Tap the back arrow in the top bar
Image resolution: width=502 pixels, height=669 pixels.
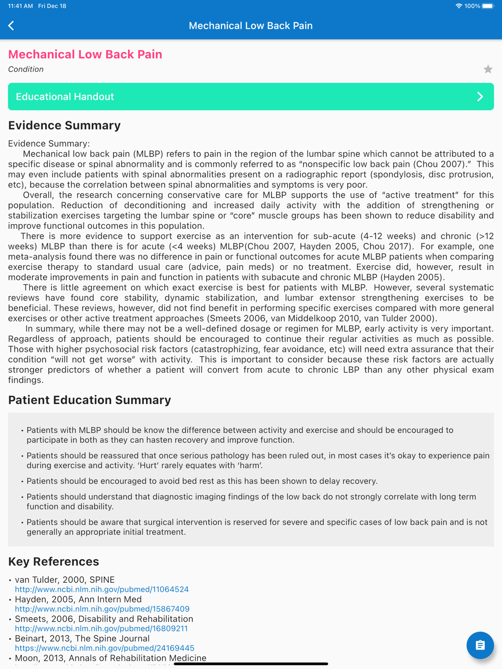pos(12,26)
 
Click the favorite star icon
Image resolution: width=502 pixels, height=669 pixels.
pos(488,69)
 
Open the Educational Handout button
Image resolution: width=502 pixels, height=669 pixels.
pos(250,97)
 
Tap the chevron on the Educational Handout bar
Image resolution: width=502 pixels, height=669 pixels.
pos(480,97)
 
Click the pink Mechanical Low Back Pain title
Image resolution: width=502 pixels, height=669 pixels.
pos(85,54)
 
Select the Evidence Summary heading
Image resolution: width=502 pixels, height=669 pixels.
pos(64,125)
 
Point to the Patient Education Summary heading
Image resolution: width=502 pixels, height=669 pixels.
pos(89,400)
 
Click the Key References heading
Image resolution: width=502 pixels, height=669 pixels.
pos(54,562)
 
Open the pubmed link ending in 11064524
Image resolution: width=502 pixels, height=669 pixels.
pos(102,589)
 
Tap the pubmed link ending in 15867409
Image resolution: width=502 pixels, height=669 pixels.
pos(102,609)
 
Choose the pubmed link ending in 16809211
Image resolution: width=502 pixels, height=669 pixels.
pos(101,628)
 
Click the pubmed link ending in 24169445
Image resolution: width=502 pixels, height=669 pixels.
pos(104,648)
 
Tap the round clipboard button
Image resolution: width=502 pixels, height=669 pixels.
pos(480,645)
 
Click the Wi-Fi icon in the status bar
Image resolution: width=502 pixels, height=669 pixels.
pos(458,6)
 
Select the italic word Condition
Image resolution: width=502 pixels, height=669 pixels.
pos(26,69)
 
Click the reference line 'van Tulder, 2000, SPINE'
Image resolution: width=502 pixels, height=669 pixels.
pos(65,580)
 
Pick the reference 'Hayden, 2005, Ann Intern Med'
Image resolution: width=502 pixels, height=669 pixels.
pos(78,599)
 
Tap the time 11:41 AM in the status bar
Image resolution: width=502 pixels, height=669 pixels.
pos(21,6)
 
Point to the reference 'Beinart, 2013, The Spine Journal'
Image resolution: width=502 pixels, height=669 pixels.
pos(82,638)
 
